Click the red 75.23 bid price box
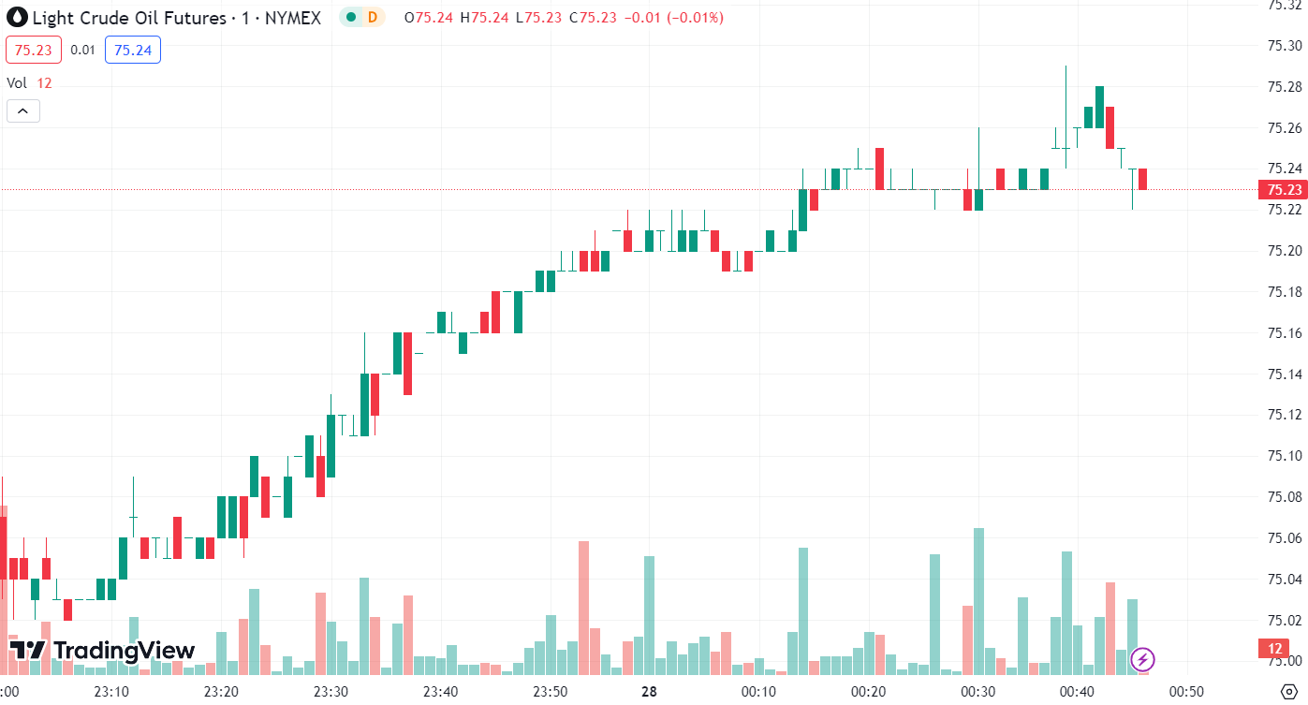tap(34, 50)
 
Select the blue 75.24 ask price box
tap(132, 50)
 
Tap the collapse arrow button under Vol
tap(22, 111)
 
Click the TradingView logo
tap(102, 651)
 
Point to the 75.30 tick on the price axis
tap(1284, 46)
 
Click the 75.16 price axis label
tap(1284, 333)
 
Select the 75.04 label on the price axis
tap(1284, 580)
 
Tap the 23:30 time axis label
tap(331, 692)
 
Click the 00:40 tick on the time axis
tap(1077, 692)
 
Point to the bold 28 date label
tap(648, 692)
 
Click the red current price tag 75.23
tap(1285, 190)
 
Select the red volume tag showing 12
tap(1275, 648)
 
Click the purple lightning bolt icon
tap(1142, 659)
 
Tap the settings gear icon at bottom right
tap(1287, 692)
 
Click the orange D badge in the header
tap(373, 17)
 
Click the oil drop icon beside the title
tap(17, 18)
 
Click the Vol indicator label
tap(17, 82)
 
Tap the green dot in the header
tap(350, 17)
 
